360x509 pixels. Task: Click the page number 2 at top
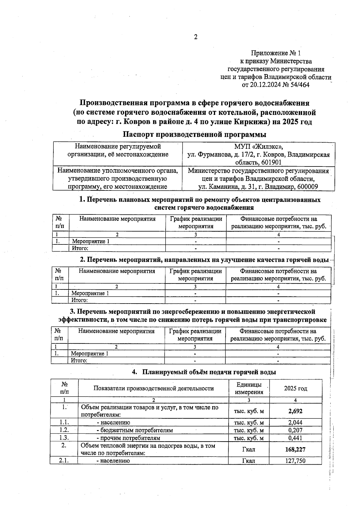point(196,37)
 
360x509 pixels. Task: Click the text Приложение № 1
point(276,53)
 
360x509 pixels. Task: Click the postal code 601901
point(272,163)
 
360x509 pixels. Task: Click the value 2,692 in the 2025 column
point(295,411)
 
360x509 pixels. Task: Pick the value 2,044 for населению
point(295,423)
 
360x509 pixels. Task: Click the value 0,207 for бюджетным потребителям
point(295,430)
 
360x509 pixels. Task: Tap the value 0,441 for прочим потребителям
point(295,438)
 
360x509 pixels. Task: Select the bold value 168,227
point(295,449)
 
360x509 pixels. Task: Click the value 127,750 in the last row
point(295,461)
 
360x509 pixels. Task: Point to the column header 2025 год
point(295,388)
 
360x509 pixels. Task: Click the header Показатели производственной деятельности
point(153,388)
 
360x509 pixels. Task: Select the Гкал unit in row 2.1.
point(248,461)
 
